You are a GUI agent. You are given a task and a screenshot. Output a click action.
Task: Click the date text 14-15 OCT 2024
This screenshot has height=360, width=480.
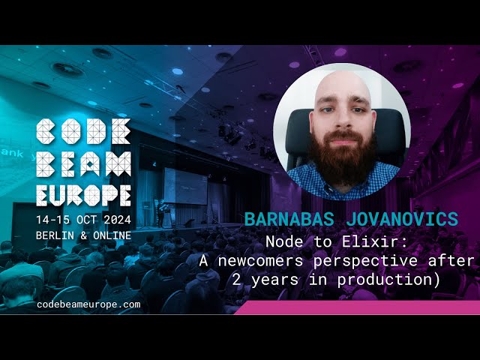pyautogui.click(x=84, y=220)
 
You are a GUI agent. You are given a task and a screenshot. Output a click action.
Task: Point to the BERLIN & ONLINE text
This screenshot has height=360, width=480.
pyautogui.click(x=82, y=235)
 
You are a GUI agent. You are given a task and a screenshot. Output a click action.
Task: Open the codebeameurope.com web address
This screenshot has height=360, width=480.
pyautogui.click(x=88, y=304)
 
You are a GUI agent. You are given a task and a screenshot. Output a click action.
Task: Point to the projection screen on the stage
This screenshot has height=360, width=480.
pyautogui.click(x=184, y=184)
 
